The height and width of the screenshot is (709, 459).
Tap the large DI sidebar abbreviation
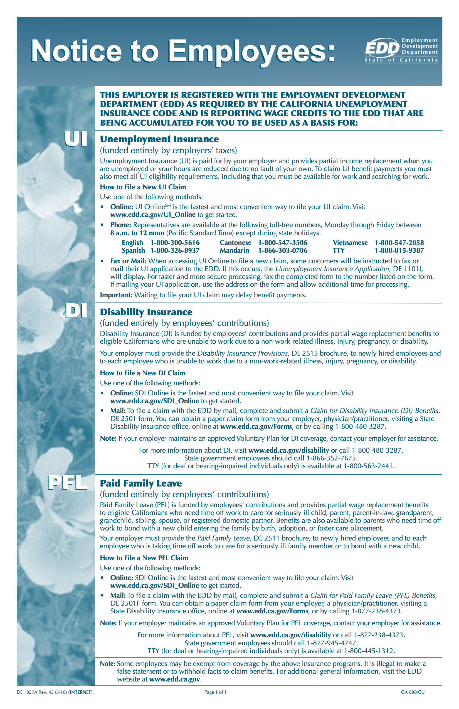pyautogui.click(x=76, y=311)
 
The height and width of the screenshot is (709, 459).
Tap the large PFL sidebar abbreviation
pyautogui.click(x=67, y=483)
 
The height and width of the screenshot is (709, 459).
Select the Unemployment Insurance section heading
pyautogui.click(x=159, y=139)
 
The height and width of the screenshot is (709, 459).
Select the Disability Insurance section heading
pyautogui.click(x=146, y=312)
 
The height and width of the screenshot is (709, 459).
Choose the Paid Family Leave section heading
pyautogui.click(x=141, y=483)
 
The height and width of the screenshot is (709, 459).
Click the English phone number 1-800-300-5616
pyautogui.click(x=175, y=243)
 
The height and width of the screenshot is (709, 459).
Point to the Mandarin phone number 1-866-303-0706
pyautogui.click(x=283, y=251)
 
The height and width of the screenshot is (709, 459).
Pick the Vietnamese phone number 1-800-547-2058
pyautogui.click(x=399, y=243)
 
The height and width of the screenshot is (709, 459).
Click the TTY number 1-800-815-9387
pyautogui.click(x=399, y=251)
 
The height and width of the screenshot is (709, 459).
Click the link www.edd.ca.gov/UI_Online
pyautogui.click(x=153, y=215)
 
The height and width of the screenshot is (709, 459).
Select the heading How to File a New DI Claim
pyautogui.click(x=142, y=373)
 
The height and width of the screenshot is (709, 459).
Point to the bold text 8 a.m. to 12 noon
pyautogui.click(x=137, y=233)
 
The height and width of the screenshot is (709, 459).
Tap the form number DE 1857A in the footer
pyautogui.click(x=27, y=692)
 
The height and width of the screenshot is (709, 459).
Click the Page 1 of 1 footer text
pyautogui.click(x=215, y=692)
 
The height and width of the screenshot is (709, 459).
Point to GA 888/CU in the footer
pyautogui.click(x=413, y=692)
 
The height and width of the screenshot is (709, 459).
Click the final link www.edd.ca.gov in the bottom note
pyautogui.click(x=174, y=679)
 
